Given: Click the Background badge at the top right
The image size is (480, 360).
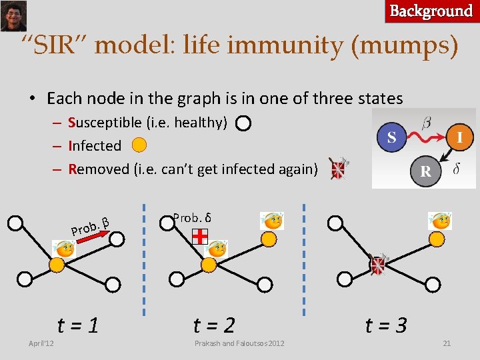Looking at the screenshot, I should (431, 11).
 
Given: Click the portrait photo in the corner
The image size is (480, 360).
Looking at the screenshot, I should (13, 15).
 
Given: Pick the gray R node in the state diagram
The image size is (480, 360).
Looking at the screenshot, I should (425, 171).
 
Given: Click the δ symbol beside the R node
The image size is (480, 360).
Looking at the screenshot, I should (456, 169).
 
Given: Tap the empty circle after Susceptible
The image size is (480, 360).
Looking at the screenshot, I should (243, 123).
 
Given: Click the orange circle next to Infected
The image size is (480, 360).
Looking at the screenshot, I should (139, 145).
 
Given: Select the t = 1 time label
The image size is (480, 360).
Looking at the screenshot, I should (78, 325).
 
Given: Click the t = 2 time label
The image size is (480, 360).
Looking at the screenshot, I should (214, 325).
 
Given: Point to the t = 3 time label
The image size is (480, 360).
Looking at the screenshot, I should (386, 325).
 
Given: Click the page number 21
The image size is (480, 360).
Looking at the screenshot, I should (447, 343).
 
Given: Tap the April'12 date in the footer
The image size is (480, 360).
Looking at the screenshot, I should (41, 343).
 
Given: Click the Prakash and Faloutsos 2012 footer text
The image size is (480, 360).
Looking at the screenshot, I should (239, 343).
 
